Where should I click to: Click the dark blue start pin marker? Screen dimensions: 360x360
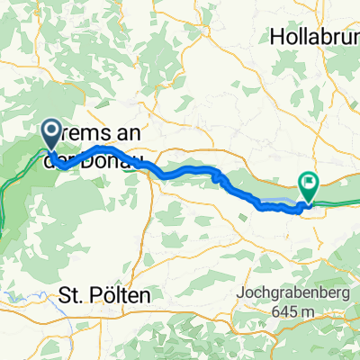click(50, 135)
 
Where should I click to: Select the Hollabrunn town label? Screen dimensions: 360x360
click(313, 37)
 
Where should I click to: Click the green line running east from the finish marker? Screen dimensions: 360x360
click(342, 202)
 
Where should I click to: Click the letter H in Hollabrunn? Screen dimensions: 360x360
click(275, 37)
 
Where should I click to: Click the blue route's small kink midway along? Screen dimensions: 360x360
click(216, 177)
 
